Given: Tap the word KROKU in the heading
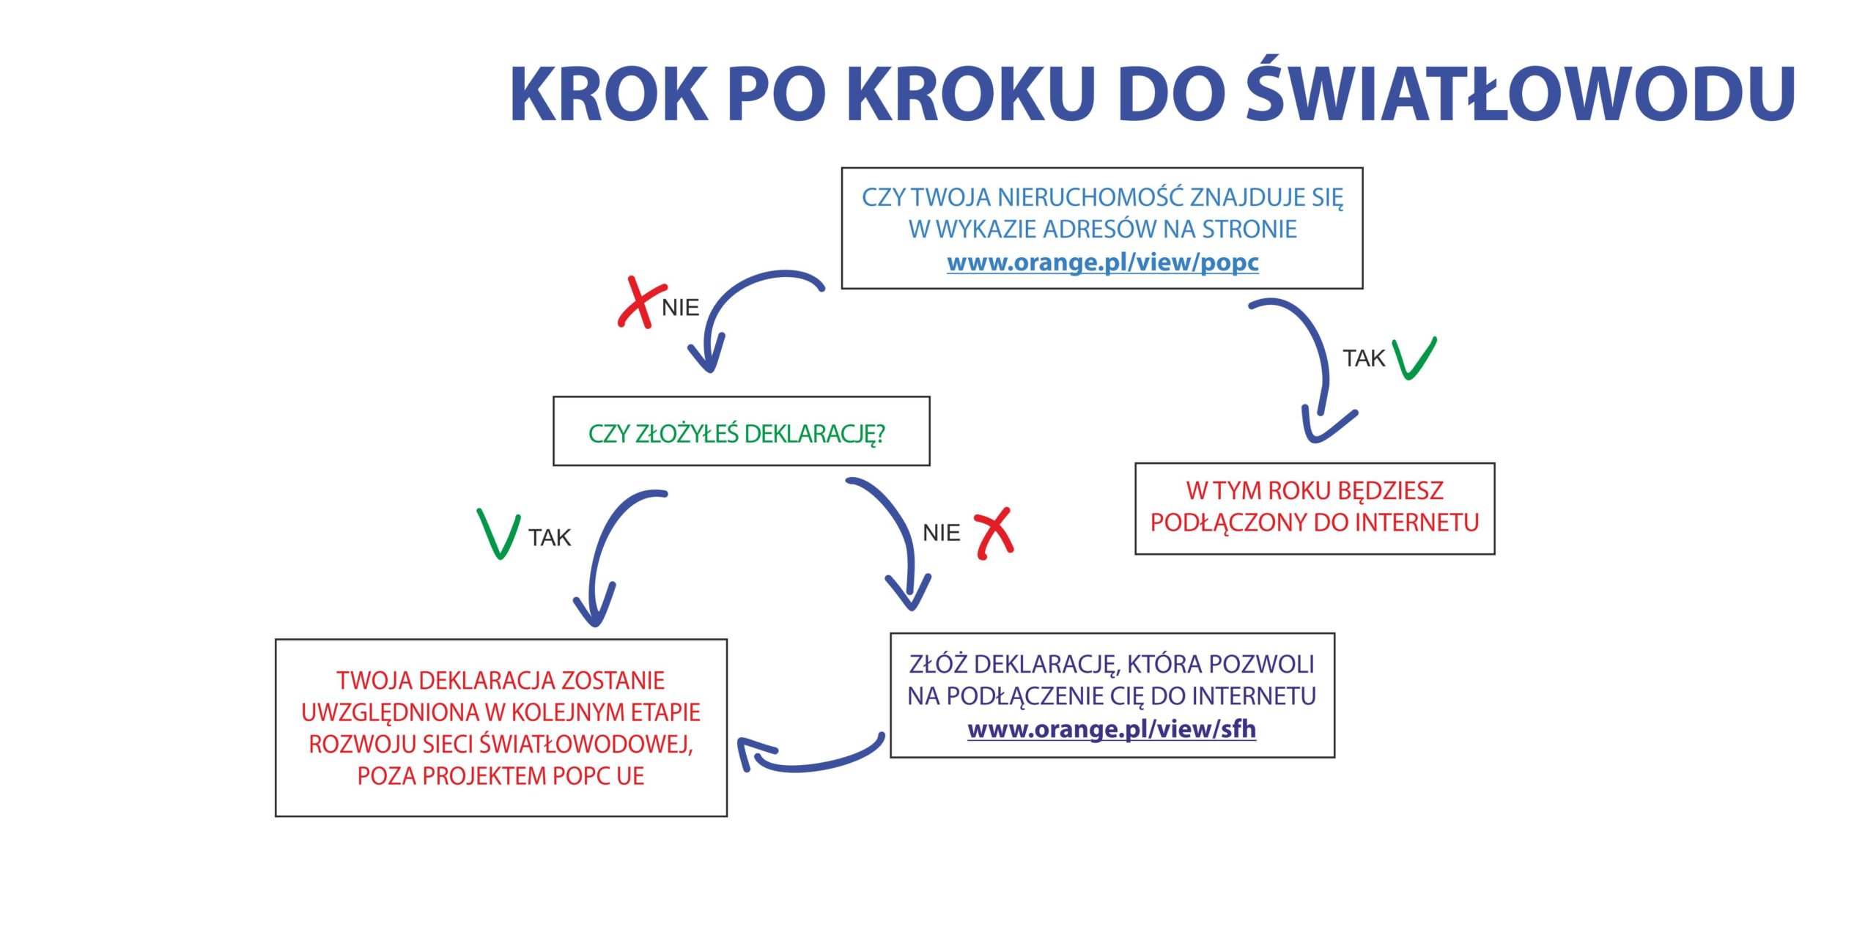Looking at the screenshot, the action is tap(971, 94).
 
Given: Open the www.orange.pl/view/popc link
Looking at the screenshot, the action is tap(1103, 262).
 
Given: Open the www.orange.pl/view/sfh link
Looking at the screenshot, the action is tap(1112, 729).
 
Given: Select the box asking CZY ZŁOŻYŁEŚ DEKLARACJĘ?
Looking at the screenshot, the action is tap(742, 431).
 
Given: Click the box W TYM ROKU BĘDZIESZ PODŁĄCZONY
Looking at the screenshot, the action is tap(1315, 509).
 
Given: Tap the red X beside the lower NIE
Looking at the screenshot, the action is tap(994, 533).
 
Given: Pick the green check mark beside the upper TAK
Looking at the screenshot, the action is tap(1414, 358).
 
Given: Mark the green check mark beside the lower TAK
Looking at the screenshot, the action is tap(498, 533).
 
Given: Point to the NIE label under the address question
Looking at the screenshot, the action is tap(680, 308).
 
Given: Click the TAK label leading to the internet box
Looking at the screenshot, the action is tap(1364, 358).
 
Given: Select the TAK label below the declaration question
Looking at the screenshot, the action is tap(550, 538).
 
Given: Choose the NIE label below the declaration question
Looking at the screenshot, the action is tap(942, 533).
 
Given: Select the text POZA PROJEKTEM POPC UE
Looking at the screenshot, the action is tap(501, 776).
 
